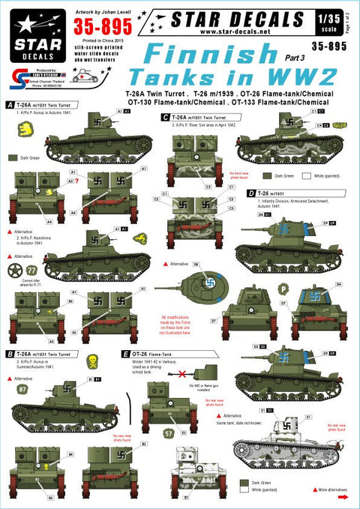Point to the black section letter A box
[8, 105]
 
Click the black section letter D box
[250, 193]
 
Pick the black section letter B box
[8, 352]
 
